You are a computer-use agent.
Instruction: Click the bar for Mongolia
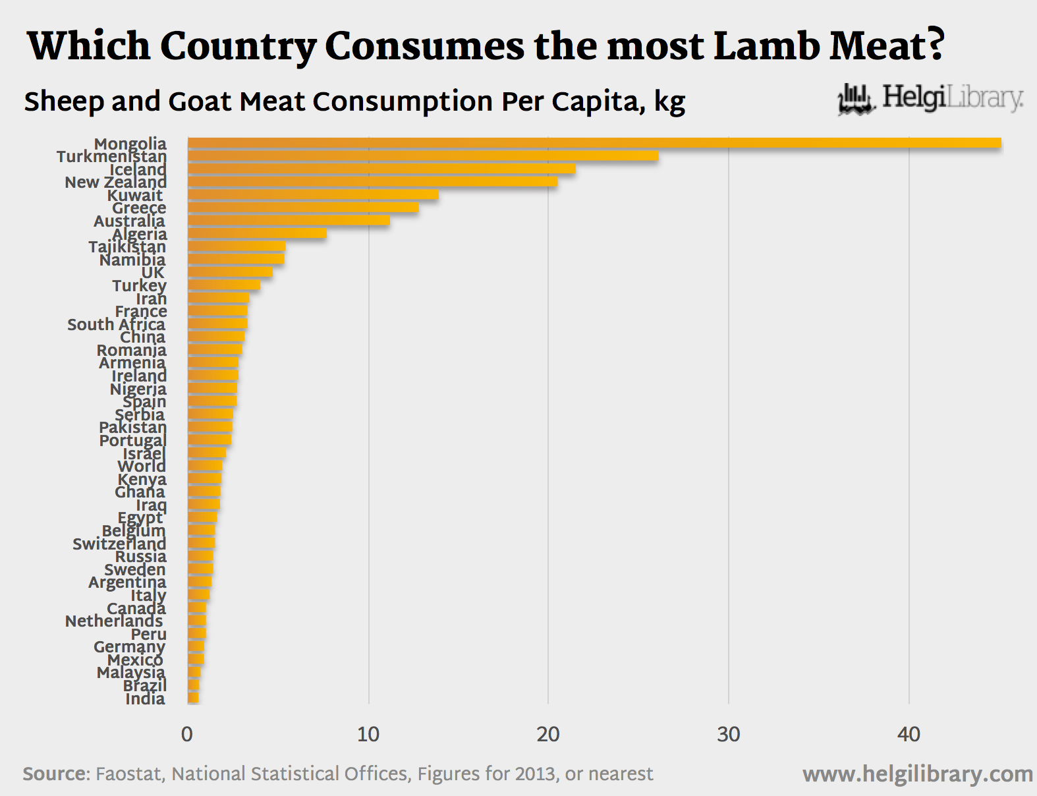pos(593,143)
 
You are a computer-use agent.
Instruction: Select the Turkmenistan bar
pos(422,156)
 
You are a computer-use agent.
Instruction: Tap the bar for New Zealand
pos(372,182)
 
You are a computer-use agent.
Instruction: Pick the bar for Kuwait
pos(313,194)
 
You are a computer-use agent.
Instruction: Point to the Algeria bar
pos(257,233)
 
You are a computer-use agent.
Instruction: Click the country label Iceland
pos(138,169)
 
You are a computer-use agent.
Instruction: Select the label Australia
pos(129,221)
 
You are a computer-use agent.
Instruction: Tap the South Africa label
pos(116,324)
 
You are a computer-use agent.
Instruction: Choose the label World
pos(142,466)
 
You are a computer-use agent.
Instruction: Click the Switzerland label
pos(119,544)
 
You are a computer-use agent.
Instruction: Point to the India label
pos(145,698)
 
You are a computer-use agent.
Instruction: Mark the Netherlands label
pos(114,621)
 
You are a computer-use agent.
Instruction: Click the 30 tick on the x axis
pos(728,734)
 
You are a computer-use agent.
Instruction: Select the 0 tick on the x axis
pos(187,734)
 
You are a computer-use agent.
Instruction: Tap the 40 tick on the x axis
pos(909,734)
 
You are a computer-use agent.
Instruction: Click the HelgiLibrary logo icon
pos(856,99)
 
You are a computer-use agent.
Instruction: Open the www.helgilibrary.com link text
pos(917,774)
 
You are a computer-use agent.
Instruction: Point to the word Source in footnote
pos(55,774)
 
